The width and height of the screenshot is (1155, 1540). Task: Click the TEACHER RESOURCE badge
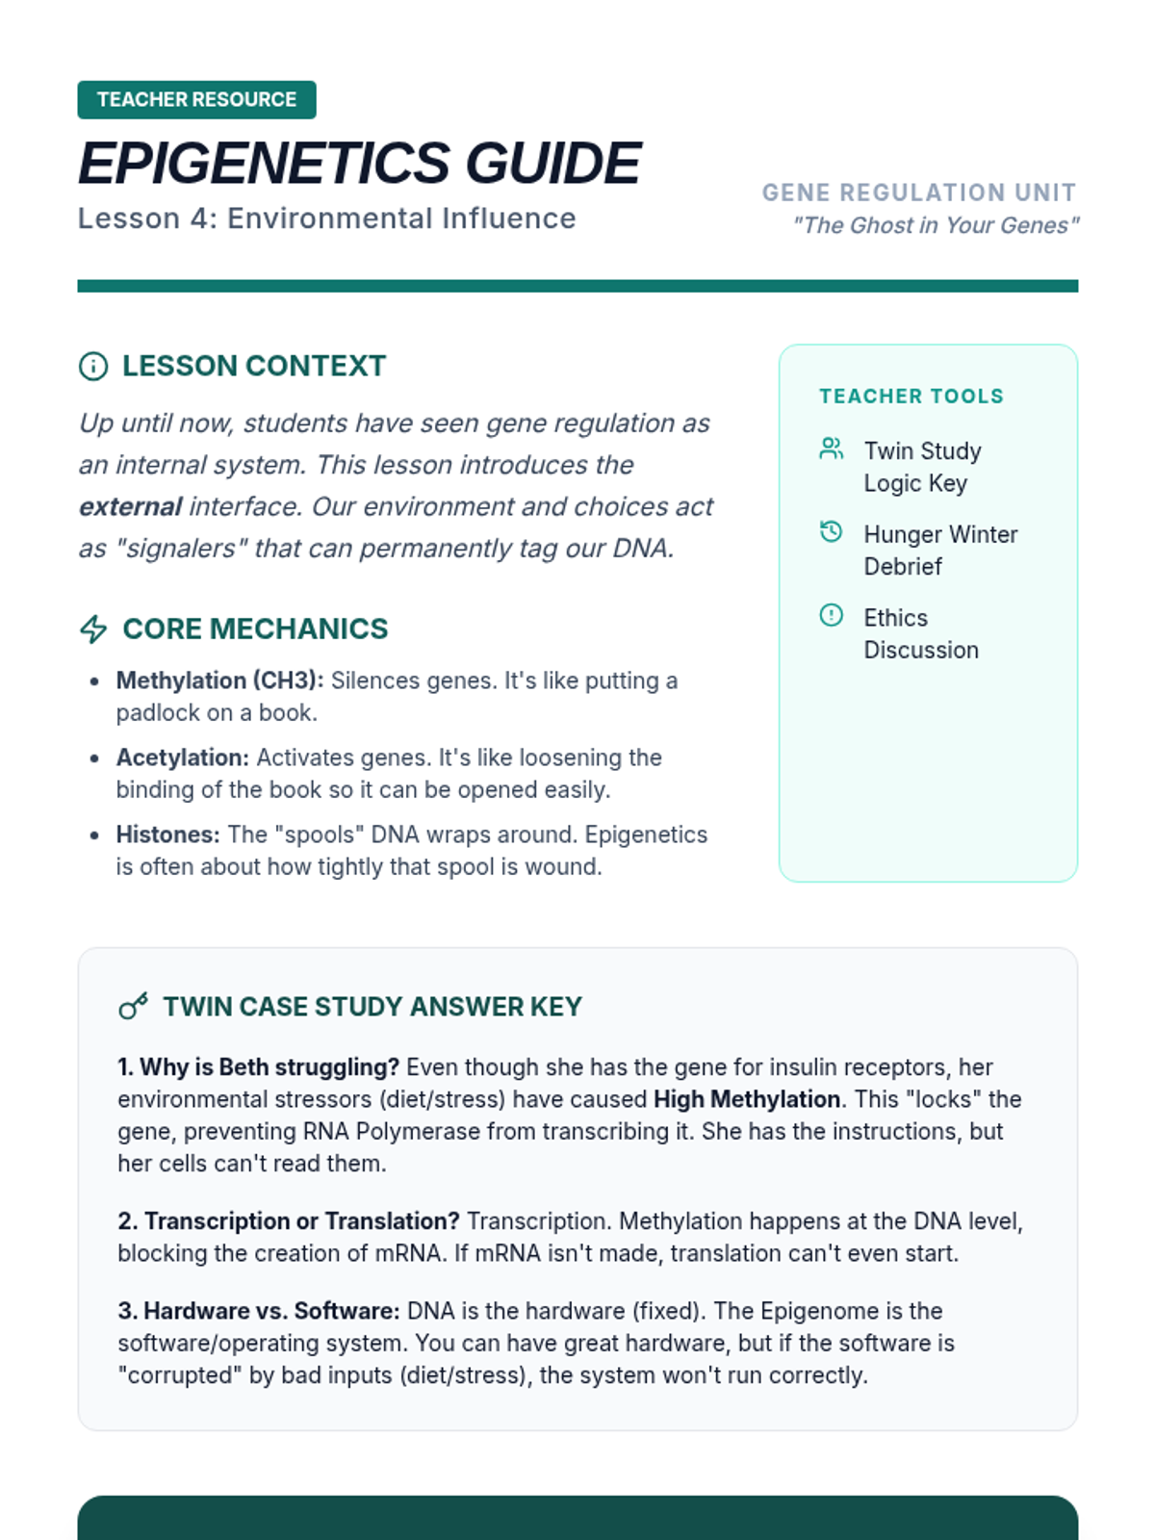pyautogui.click(x=196, y=100)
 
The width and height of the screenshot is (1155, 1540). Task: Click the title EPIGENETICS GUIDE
pyautogui.click(x=359, y=163)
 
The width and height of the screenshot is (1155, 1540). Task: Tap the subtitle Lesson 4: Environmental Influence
pyautogui.click(x=326, y=218)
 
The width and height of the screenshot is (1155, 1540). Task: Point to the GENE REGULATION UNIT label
pyautogui.click(x=919, y=192)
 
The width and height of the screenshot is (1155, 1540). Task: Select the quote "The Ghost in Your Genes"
pyautogui.click(x=935, y=225)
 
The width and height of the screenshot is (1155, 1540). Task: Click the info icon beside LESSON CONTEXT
pyautogui.click(x=93, y=367)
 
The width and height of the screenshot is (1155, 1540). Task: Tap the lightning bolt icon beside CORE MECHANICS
pyautogui.click(x=93, y=629)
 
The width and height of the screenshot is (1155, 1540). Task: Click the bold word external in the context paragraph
pyautogui.click(x=130, y=507)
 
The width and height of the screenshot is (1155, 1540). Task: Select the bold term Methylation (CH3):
pyautogui.click(x=219, y=680)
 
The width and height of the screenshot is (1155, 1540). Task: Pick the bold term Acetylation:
pyautogui.click(x=182, y=757)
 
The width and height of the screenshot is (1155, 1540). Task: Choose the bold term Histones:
pyautogui.click(x=167, y=834)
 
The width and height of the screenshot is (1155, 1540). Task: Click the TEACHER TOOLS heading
pyautogui.click(x=911, y=397)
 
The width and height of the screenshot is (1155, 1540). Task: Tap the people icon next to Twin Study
pyautogui.click(x=831, y=449)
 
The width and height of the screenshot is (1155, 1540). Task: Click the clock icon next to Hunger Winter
pyautogui.click(x=831, y=531)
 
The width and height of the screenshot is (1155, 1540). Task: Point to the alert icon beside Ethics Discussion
pyautogui.click(x=831, y=615)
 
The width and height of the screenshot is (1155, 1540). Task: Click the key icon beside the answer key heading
pyautogui.click(x=133, y=1007)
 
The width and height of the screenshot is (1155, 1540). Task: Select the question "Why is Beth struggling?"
pyautogui.click(x=258, y=1067)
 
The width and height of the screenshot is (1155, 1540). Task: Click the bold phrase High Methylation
pyautogui.click(x=747, y=1099)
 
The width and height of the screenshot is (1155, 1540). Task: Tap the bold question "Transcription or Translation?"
pyautogui.click(x=289, y=1221)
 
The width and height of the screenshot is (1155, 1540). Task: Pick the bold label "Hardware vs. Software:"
pyautogui.click(x=259, y=1311)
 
